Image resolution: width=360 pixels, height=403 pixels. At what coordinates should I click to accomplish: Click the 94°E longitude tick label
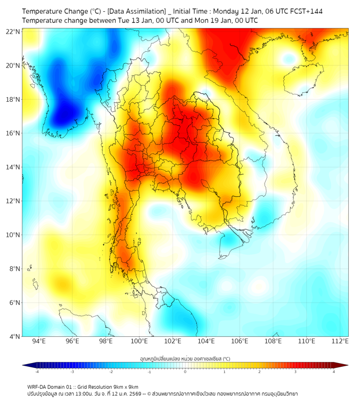(39, 341)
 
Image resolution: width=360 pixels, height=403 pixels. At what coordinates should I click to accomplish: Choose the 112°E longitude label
(340, 341)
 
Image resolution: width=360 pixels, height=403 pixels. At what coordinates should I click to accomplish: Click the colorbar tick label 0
(185, 372)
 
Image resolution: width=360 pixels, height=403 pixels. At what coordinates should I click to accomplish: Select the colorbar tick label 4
(334, 372)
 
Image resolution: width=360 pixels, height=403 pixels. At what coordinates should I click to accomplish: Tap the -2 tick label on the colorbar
(111, 372)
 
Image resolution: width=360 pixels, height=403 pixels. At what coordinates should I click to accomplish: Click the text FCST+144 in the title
(304, 11)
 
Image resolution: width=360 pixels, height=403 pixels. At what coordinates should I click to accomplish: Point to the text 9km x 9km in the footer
(124, 386)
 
